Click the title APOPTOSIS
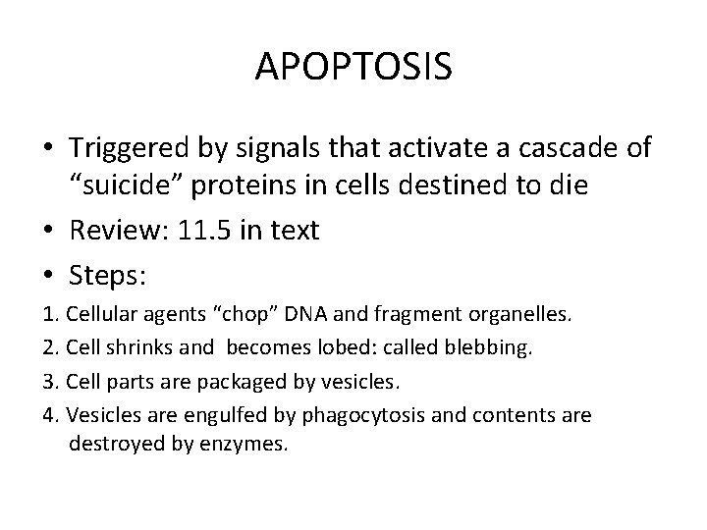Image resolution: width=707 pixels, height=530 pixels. coord(353,68)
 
